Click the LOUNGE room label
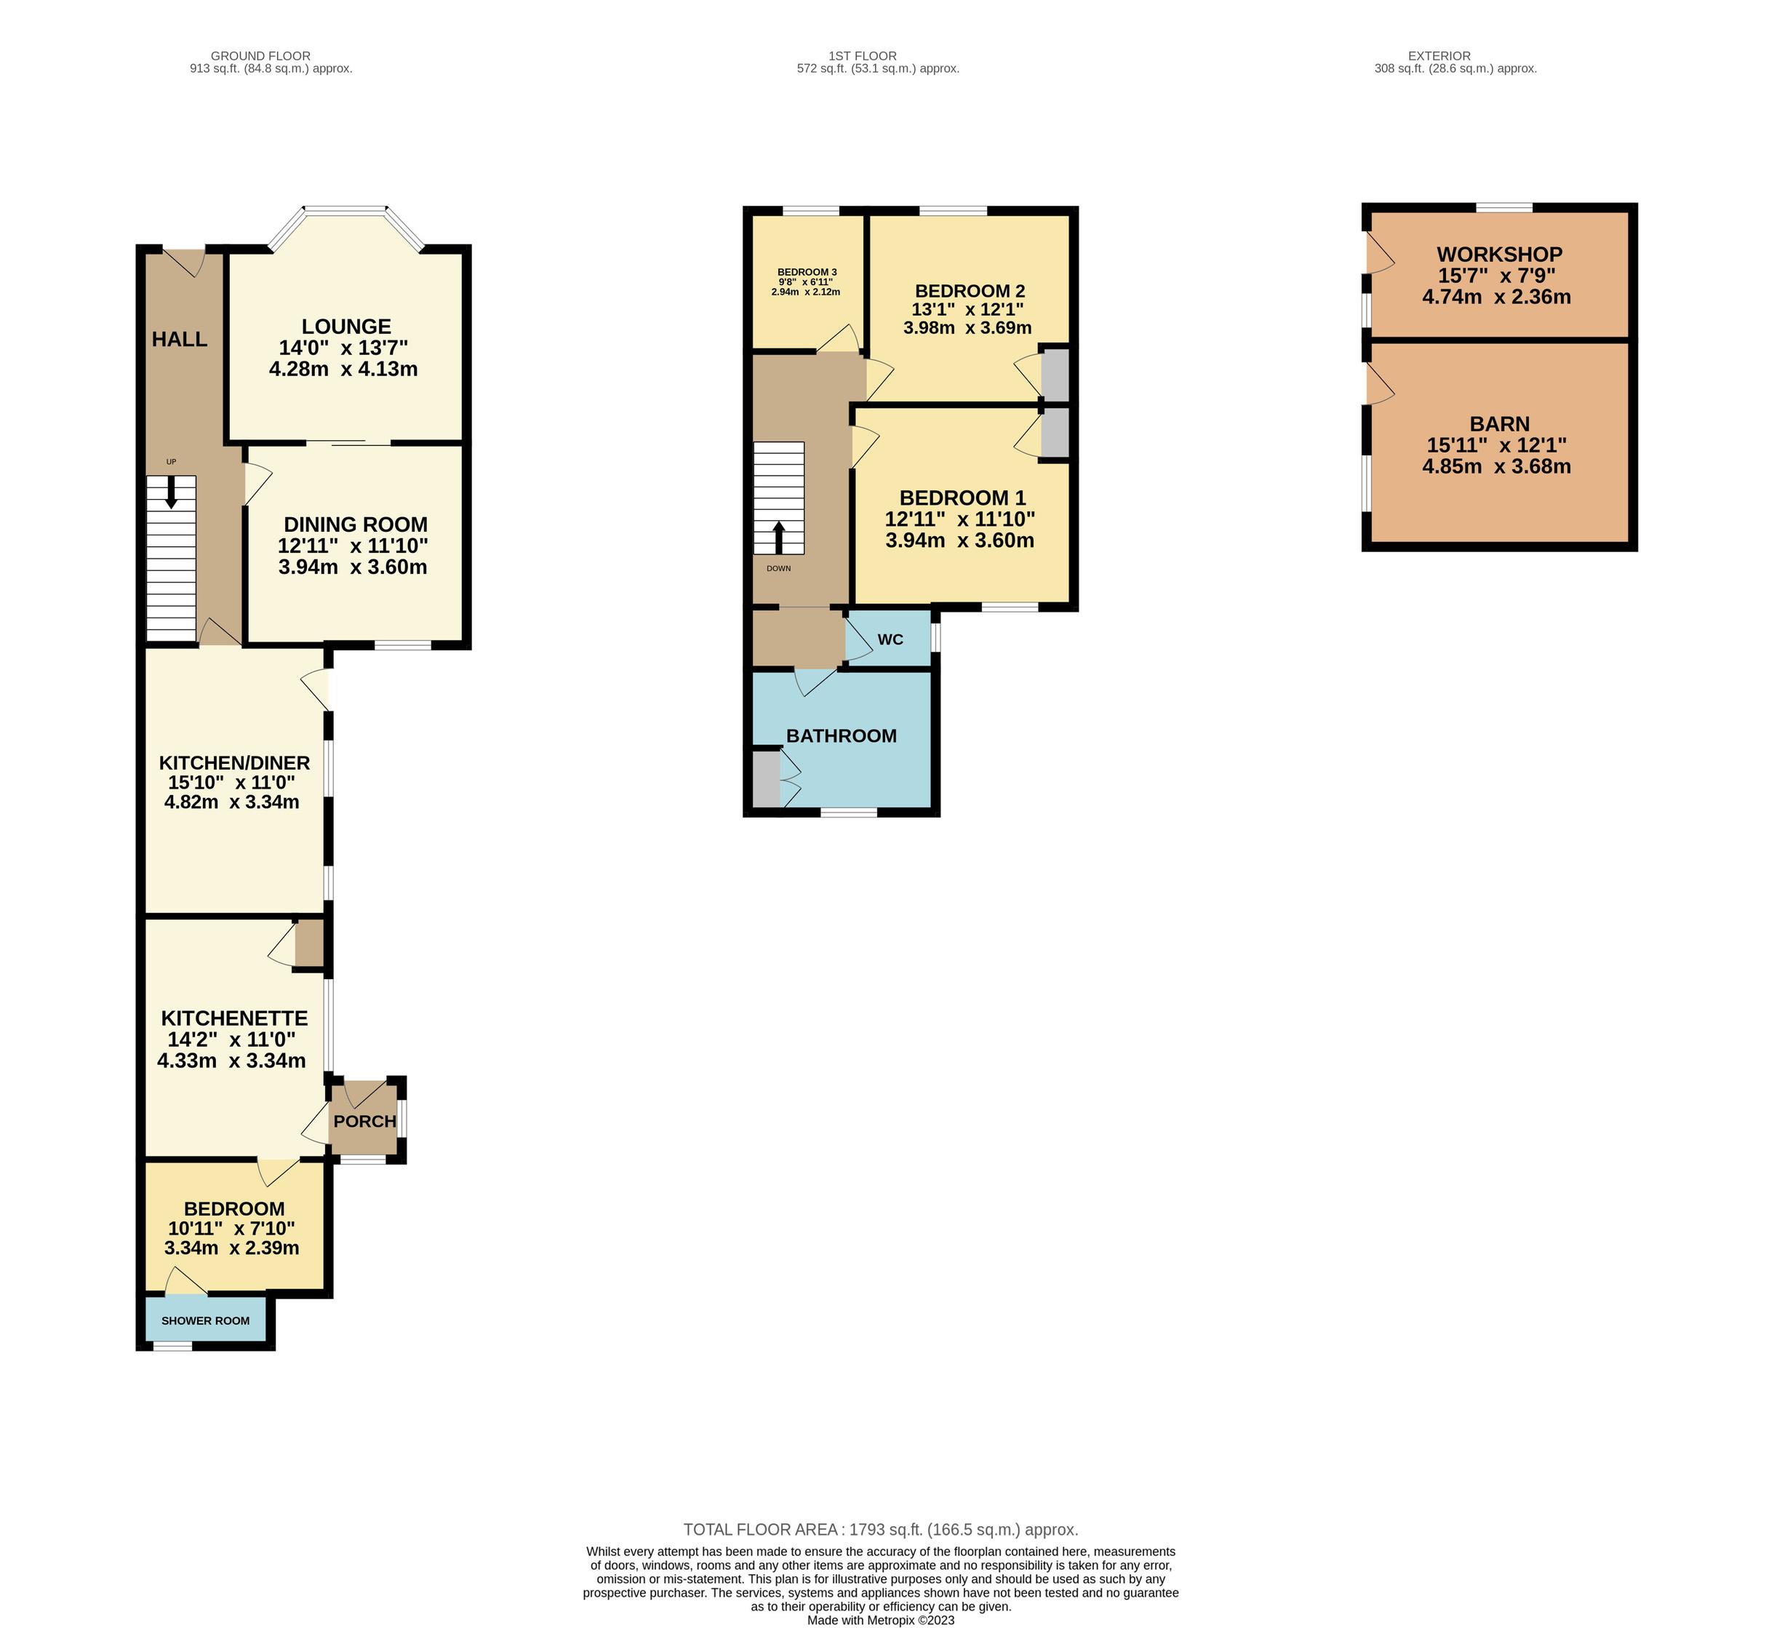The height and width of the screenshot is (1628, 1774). click(346, 327)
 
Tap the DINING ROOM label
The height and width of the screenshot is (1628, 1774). click(355, 525)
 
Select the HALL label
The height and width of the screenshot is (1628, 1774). click(180, 339)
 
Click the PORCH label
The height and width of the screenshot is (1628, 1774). click(364, 1122)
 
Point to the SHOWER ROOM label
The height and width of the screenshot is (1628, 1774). click(205, 1320)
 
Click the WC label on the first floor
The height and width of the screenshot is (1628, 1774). click(890, 639)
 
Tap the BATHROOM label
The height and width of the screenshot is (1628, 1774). click(842, 735)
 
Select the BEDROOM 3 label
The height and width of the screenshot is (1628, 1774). click(807, 272)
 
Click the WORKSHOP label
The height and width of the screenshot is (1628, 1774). click(1499, 255)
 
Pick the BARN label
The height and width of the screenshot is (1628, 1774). click(1499, 424)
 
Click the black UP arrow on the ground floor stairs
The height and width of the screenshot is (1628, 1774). click(171, 492)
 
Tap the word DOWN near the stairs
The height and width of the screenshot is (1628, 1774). click(779, 568)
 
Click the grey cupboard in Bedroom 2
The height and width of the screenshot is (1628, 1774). click(1055, 375)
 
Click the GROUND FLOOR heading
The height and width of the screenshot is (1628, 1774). click(260, 55)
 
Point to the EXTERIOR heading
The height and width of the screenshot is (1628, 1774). click(1439, 55)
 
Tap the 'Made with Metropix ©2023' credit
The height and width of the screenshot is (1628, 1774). click(881, 1620)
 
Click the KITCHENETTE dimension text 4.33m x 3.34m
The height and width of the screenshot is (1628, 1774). click(231, 1061)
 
